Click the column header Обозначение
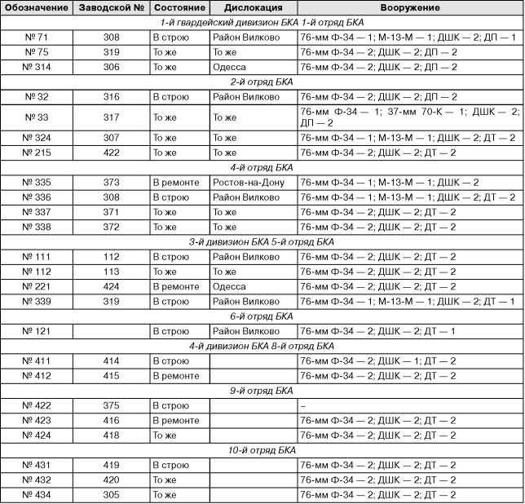coord(37,7)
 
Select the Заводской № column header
coord(112,7)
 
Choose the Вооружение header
coord(409,7)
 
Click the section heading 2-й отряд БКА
coord(262,82)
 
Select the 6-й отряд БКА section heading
coord(262,316)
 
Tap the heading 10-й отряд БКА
coord(262,449)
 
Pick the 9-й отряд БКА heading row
coord(262,390)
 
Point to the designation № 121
coord(37,330)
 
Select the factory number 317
coord(112,117)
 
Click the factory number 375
coord(112,405)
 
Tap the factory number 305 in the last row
coord(112,494)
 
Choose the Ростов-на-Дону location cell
coord(248,182)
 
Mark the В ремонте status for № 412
coord(175,375)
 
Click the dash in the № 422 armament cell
coord(302,405)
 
